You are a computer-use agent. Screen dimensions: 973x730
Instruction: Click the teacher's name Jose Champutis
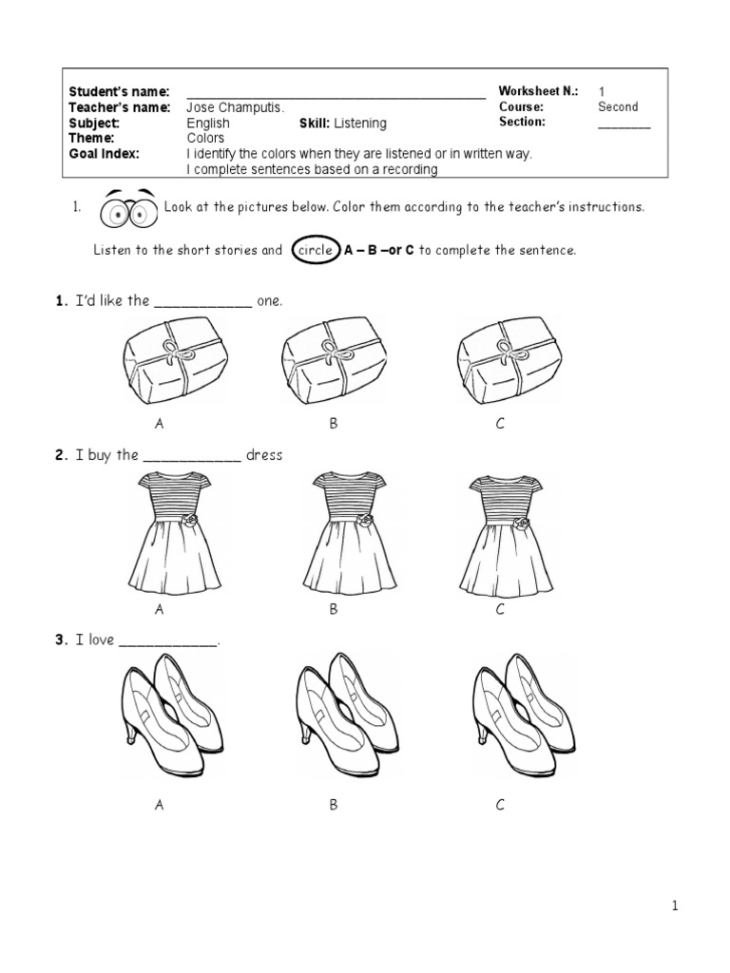(235, 107)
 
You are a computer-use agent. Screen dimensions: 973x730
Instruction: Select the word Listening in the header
(359, 124)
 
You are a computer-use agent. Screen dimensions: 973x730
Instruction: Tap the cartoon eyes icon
(127, 209)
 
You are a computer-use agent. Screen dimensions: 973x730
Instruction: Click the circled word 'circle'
(314, 250)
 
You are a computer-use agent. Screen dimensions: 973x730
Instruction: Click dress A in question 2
(167, 532)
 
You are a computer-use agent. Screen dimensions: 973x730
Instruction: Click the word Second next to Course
(618, 107)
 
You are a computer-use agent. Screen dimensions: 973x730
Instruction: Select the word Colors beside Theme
(205, 138)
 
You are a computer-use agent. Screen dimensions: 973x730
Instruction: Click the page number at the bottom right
(675, 906)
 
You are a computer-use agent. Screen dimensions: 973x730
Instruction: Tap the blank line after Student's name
(336, 95)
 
